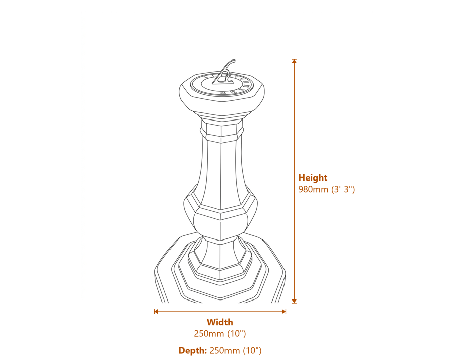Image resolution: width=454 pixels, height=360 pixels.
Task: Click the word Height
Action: (313, 177)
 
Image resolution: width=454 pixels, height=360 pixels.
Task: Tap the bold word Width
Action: (220, 322)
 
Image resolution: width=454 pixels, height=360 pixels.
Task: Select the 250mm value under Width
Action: (209, 334)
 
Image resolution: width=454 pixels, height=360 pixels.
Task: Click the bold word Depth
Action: (193, 351)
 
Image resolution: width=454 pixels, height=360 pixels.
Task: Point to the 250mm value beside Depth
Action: (224, 351)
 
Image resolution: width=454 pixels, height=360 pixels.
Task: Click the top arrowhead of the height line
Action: (294, 61)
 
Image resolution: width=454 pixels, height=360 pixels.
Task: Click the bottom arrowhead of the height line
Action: (294, 301)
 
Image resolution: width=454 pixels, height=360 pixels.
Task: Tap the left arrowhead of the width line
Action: (156, 312)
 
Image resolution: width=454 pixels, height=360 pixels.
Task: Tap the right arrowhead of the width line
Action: (284, 312)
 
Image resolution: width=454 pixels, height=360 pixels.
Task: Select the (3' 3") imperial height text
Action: (343, 189)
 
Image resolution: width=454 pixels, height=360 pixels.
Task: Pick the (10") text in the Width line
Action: (236, 334)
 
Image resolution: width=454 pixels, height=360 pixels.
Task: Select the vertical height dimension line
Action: (294, 181)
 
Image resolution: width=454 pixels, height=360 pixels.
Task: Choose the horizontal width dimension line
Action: (220, 312)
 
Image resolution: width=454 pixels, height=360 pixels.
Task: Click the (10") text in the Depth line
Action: (252, 351)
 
